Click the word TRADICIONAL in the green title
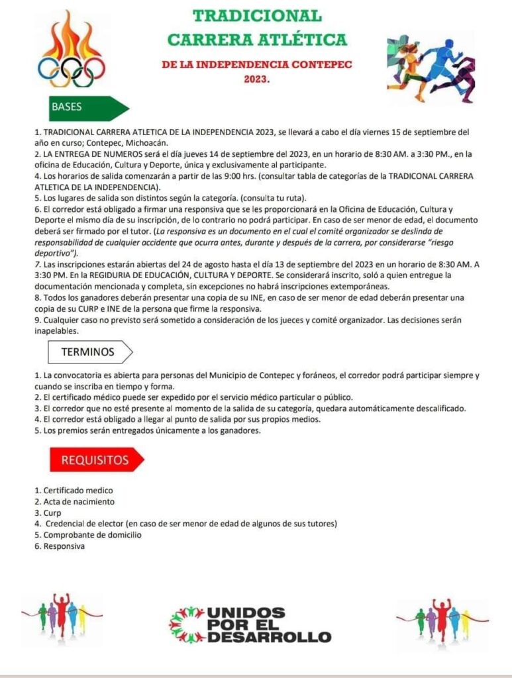tap(257, 15)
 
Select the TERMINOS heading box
tap(89, 352)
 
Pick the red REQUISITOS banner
tap(96, 459)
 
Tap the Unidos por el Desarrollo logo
tap(250, 625)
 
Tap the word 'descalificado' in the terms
tap(438, 408)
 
